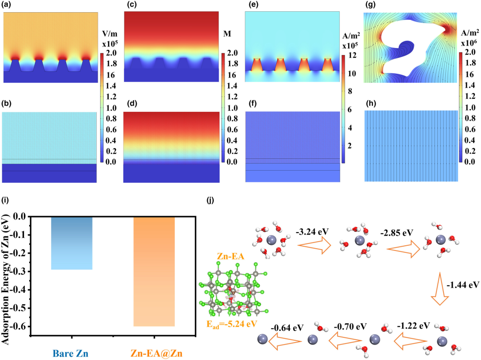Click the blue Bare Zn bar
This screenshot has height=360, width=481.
pyautogui.click(x=72, y=243)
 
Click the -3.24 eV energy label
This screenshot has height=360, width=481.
pyautogui.click(x=313, y=232)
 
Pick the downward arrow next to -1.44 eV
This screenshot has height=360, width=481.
pyautogui.click(x=442, y=287)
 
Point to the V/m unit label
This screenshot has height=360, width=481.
pyautogui.click(x=109, y=34)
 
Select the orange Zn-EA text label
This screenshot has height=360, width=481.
pyautogui.click(x=231, y=256)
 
